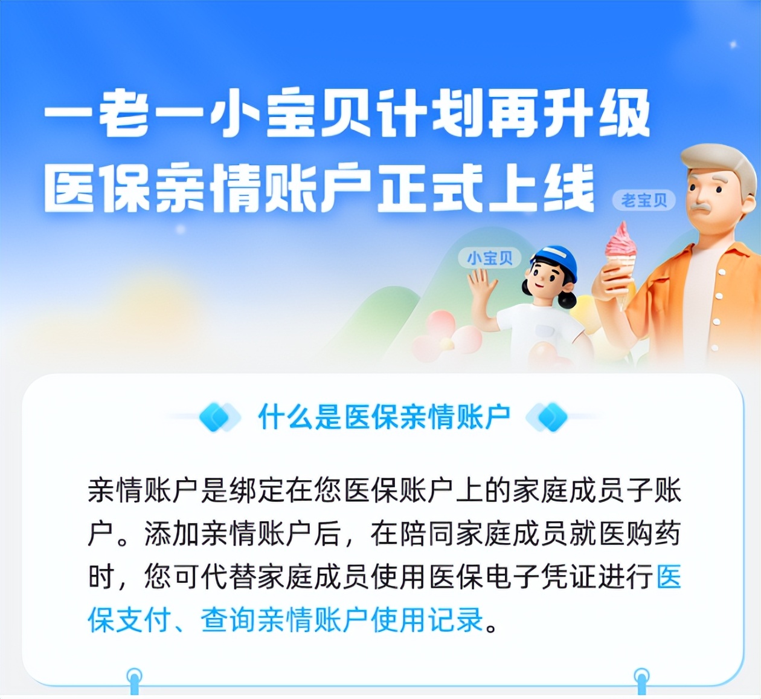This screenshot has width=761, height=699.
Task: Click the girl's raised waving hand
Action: tap(481, 284)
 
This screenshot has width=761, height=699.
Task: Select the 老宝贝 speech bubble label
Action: tap(644, 200)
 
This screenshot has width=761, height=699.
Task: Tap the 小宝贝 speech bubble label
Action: tap(489, 258)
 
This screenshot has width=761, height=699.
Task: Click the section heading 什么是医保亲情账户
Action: tap(384, 417)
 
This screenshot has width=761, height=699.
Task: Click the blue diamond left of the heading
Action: tap(216, 417)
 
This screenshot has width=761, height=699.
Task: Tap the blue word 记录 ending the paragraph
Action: tap(455, 620)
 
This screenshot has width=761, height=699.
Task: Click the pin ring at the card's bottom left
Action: tap(134, 675)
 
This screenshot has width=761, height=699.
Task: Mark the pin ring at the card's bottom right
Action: tap(641, 675)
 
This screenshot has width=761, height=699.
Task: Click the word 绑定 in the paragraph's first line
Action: tap(256, 490)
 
